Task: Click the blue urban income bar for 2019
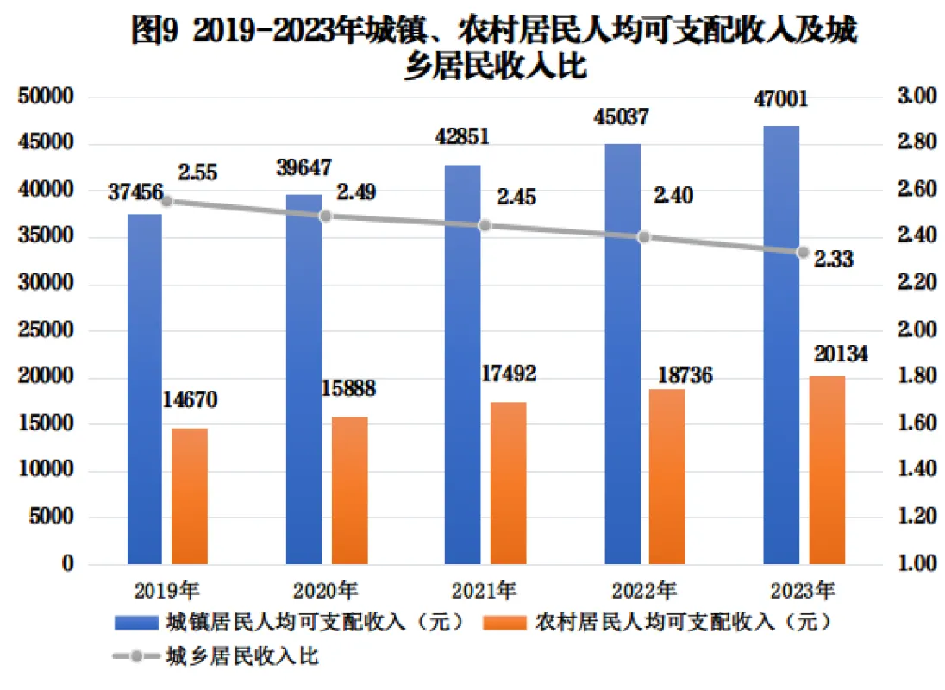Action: [x=144, y=388]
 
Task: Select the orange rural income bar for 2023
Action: [x=826, y=470]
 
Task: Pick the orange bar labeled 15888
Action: [x=349, y=490]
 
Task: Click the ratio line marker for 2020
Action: [x=326, y=216]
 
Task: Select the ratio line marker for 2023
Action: [x=803, y=252]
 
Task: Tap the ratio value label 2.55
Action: [x=197, y=172]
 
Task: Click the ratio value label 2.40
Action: [x=673, y=197]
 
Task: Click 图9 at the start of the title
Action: [x=153, y=33]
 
